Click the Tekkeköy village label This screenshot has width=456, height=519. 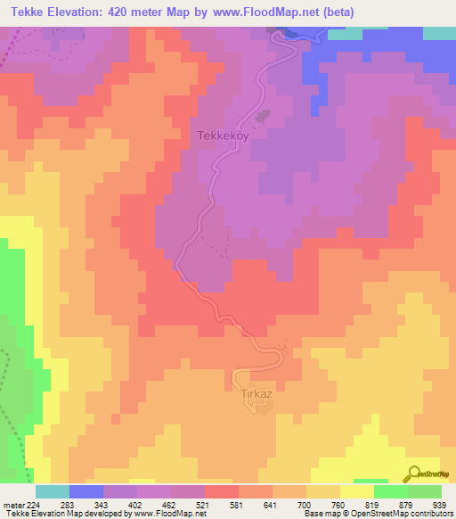click(217, 136)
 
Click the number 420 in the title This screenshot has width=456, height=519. click(147, 13)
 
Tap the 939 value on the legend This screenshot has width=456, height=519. click(439, 503)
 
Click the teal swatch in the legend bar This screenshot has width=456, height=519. click(53, 491)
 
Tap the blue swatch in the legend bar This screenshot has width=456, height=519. click(86, 491)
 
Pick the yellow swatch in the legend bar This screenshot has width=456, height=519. click(356, 491)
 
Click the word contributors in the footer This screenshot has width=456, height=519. click(427, 514)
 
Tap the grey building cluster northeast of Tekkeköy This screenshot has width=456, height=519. click(263, 115)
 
